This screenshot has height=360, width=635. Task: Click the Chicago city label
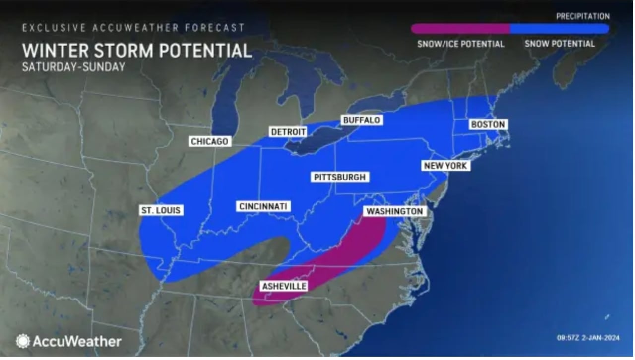(210, 142)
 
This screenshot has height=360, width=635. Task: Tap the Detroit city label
(288, 132)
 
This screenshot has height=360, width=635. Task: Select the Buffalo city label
(361, 120)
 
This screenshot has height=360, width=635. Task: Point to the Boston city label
(488, 125)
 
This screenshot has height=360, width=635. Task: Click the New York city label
(445, 166)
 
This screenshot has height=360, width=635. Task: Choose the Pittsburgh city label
(340, 177)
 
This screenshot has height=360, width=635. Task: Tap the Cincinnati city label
(263, 206)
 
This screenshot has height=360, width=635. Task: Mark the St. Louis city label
(161, 210)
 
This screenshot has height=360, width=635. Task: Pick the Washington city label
(395, 211)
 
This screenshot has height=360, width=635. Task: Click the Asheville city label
(284, 286)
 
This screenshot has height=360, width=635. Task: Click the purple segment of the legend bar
(460, 29)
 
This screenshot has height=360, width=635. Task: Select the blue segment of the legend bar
(559, 29)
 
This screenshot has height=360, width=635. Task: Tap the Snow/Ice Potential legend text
(460, 44)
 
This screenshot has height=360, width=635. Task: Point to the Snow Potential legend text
(560, 44)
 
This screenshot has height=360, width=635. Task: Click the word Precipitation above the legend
(582, 16)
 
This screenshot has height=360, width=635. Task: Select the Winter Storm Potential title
(137, 51)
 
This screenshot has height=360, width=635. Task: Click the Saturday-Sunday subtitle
(73, 67)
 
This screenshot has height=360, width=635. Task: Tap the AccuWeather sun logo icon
(23, 341)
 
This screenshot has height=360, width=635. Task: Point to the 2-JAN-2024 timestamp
(588, 338)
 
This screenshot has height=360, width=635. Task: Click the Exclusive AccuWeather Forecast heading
(133, 28)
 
